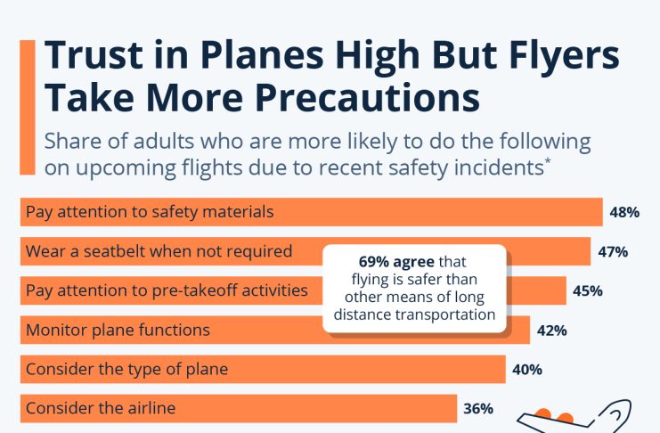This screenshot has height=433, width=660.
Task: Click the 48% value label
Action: [x=625, y=212]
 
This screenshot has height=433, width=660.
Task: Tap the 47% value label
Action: [x=613, y=251]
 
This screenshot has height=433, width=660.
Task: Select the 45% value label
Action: [x=588, y=290]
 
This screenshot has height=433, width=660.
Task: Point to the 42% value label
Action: [x=552, y=330]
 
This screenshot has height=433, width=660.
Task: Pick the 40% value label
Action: [x=527, y=369]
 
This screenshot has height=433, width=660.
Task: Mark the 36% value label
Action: [x=478, y=408]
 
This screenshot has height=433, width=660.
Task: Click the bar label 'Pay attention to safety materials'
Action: [x=150, y=212]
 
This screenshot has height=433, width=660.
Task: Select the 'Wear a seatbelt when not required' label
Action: [x=159, y=251]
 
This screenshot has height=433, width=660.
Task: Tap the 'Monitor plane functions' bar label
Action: [x=118, y=330]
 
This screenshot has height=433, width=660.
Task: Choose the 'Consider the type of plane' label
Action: [x=127, y=369]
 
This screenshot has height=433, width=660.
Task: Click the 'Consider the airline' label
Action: [x=101, y=408]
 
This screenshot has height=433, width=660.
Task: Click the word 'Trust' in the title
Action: [x=97, y=56]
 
